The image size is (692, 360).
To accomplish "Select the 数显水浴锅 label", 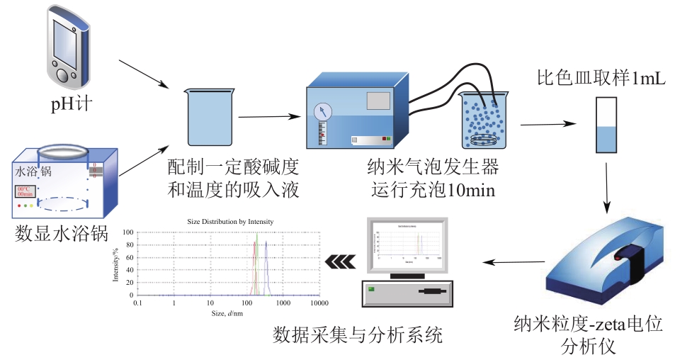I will point(61,233).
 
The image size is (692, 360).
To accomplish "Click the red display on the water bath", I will point(25,192).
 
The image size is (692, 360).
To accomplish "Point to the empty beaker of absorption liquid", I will point(210,116).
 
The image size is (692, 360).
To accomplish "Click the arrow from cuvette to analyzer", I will point(607,186).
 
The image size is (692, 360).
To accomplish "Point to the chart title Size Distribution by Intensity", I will point(230,222).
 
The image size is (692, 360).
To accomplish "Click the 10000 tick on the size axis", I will point(319,303).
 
